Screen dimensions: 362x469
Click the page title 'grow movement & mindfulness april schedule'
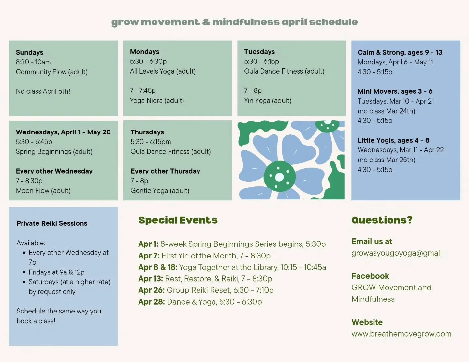point(234,22)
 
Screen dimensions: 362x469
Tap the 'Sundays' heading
point(29,52)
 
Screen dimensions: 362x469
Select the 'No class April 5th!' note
point(43,91)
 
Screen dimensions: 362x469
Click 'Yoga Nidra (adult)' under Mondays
point(157,100)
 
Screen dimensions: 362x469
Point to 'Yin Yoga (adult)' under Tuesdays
point(268,100)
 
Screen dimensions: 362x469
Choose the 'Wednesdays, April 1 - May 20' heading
point(63,132)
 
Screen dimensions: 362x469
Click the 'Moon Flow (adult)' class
point(43,190)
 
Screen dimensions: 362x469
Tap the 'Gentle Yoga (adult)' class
point(160,190)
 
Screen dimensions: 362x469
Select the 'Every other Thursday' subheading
point(165,171)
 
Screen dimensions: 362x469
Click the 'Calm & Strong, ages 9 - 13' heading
point(400,52)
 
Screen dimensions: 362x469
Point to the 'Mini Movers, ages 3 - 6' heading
point(395,91)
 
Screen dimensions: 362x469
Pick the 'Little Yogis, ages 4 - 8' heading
point(393,140)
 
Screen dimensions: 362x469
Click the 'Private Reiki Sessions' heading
point(52,223)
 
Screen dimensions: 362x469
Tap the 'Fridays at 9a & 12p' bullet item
point(56,272)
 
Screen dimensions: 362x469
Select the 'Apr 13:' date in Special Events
point(150,279)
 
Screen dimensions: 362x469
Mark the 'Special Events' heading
point(178,220)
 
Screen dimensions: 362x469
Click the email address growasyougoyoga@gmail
point(396,253)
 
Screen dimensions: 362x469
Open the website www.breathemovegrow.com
point(401,334)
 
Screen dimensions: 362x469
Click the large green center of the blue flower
point(279,177)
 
